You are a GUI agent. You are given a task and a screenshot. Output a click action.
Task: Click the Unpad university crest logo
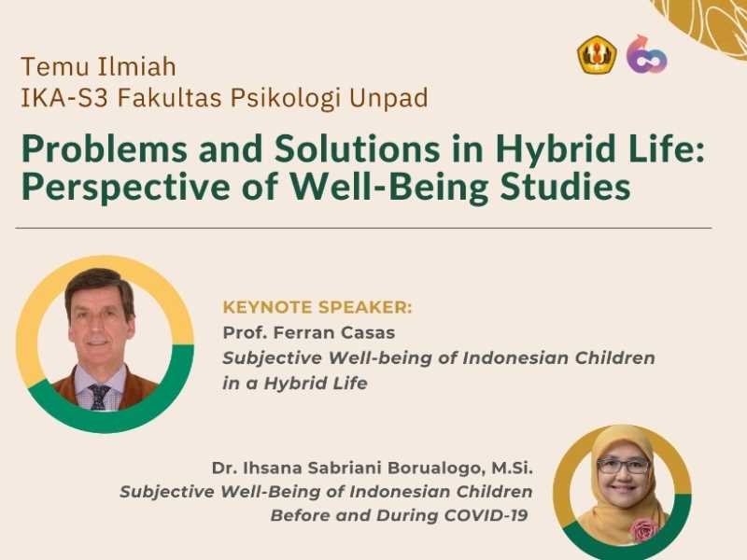(x=597, y=55)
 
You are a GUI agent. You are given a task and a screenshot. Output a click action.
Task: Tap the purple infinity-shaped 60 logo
(x=646, y=54)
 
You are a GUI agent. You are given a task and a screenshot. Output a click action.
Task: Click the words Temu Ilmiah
(x=99, y=66)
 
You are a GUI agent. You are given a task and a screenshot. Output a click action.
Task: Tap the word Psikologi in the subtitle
(x=286, y=98)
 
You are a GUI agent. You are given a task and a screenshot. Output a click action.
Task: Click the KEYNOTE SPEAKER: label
(x=317, y=307)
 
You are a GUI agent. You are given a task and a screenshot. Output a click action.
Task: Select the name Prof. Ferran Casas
(x=309, y=332)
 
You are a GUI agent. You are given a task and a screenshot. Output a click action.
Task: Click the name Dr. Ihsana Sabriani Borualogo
(x=347, y=468)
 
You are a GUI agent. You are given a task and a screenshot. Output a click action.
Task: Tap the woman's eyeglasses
(x=624, y=465)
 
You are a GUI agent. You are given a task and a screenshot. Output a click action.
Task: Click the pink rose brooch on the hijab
(x=643, y=530)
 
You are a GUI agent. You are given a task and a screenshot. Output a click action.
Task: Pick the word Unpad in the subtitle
(x=388, y=98)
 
